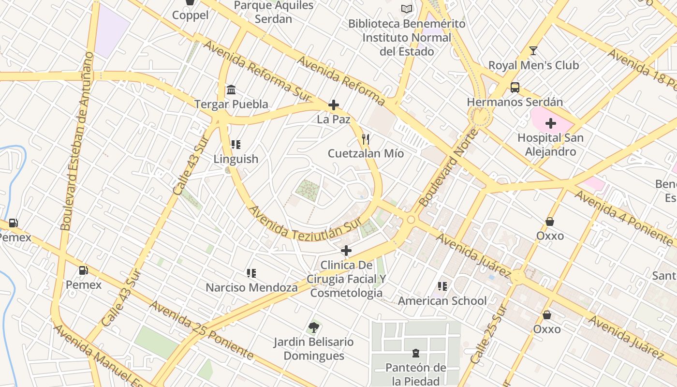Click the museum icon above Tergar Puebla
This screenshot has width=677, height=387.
(x=231, y=90)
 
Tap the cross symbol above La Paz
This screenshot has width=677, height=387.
(x=333, y=105)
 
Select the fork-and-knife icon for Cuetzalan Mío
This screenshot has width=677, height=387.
(x=366, y=139)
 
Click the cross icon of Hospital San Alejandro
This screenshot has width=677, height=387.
(x=550, y=123)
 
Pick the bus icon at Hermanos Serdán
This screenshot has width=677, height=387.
(x=515, y=88)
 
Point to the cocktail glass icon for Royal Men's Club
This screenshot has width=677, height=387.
(x=533, y=51)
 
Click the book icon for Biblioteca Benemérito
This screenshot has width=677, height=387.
(x=407, y=9)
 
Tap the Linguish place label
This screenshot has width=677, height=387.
(x=236, y=159)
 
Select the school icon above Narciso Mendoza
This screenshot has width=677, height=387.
(x=251, y=273)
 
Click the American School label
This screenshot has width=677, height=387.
(x=442, y=301)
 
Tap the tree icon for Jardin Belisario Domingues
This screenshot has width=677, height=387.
(x=313, y=327)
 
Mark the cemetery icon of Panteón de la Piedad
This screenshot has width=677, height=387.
(x=415, y=353)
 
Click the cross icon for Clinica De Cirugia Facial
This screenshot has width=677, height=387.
(x=346, y=251)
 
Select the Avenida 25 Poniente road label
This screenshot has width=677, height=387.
(x=201, y=330)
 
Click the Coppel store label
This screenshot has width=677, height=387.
(x=191, y=15)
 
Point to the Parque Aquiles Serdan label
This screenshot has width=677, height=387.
(x=274, y=12)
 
